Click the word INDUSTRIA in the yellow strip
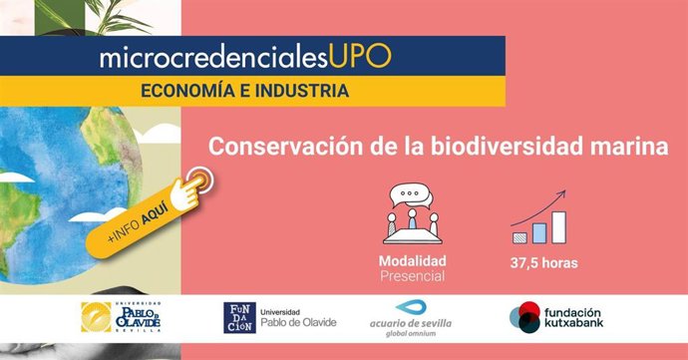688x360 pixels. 300,91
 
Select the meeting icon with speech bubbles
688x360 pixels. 412,213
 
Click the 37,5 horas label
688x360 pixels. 543,264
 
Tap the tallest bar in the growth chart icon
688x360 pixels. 558,227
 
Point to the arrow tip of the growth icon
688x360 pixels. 564,192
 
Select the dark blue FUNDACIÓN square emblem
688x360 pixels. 238,318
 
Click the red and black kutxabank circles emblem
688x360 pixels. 523,318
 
